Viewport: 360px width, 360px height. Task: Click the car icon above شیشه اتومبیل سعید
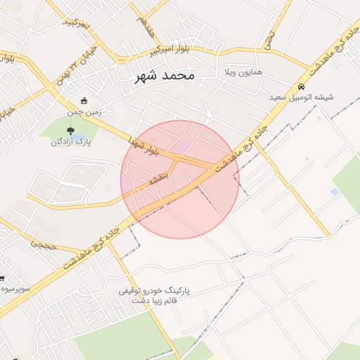[302, 86]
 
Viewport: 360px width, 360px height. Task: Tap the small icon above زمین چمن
[84, 101]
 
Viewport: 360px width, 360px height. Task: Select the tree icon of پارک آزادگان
[70, 130]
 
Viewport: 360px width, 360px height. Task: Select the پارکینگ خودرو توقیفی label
[152, 290]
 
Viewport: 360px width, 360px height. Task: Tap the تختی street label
[271, 39]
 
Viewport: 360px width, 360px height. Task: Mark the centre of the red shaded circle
[179, 179]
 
